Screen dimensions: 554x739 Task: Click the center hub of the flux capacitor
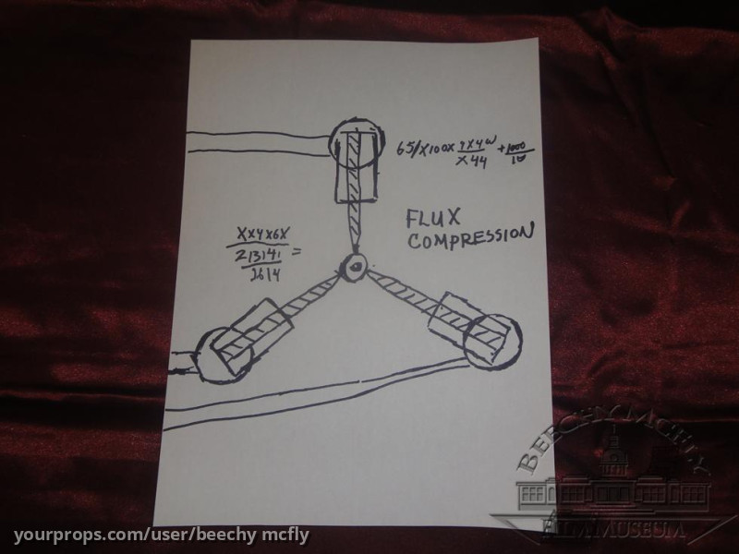pyautogui.click(x=352, y=267)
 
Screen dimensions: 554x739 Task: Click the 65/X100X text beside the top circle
pyautogui.click(x=427, y=148)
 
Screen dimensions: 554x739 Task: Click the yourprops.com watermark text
pyautogui.click(x=162, y=536)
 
